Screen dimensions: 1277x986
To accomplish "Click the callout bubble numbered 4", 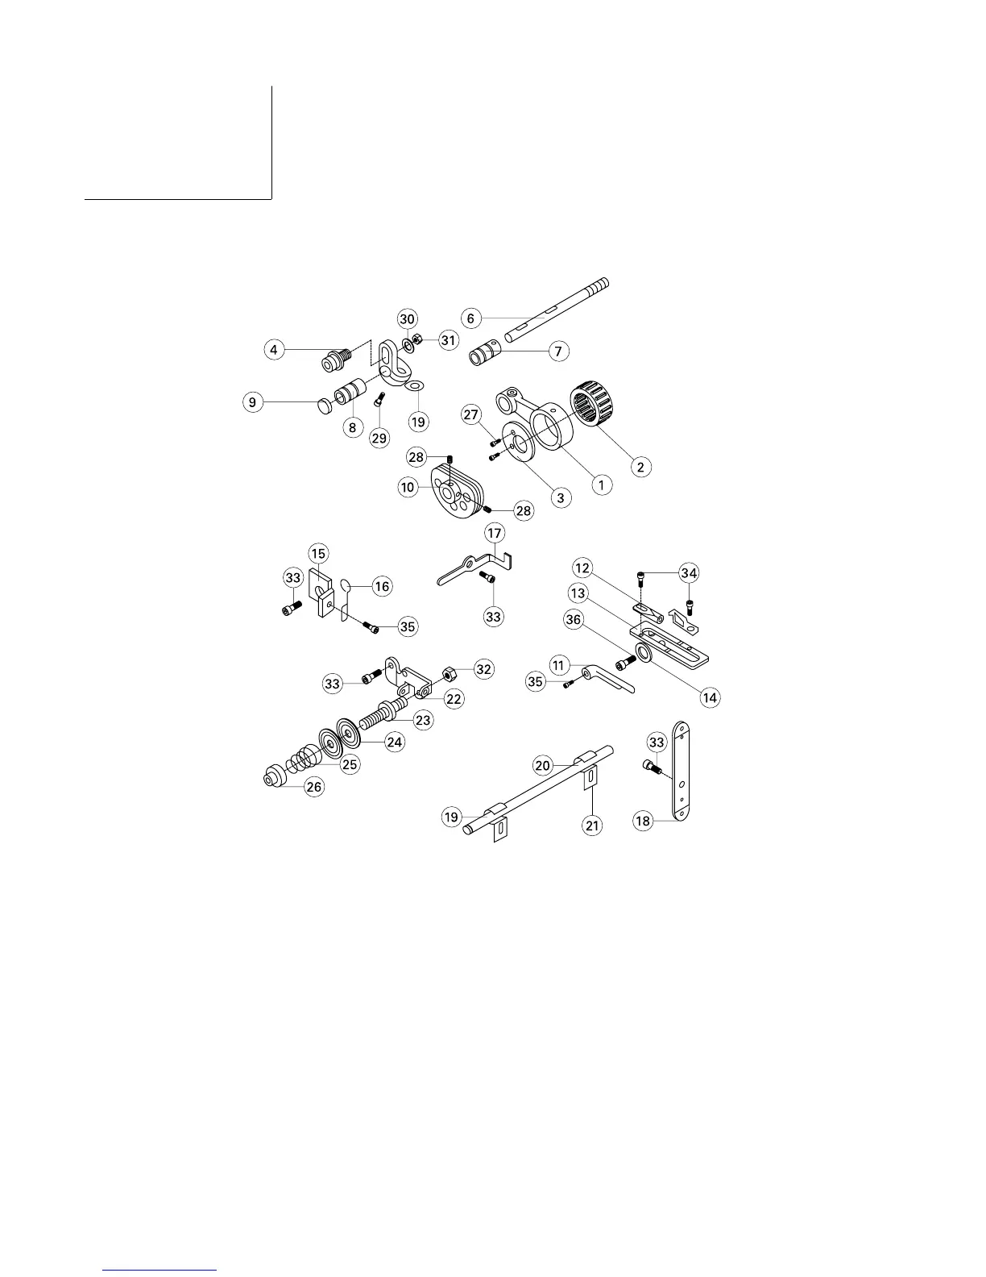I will tap(275, 350).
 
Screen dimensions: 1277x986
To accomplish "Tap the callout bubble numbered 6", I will tap(471, 318).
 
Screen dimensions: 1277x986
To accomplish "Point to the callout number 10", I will tap(408, 487).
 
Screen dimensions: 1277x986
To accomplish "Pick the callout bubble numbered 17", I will tap(494, 533).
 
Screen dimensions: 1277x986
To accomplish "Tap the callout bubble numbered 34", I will tap(688, 573).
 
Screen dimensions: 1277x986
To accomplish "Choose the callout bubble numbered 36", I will tap(596, 620).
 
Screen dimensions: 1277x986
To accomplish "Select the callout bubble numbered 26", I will tap(314, 787).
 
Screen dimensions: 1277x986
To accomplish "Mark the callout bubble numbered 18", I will tap(643, 822).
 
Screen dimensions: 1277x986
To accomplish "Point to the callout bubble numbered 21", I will tap(593, 826).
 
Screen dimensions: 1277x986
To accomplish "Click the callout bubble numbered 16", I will tap(382, 586).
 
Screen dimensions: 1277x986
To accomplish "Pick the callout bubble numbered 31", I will tap(448, 340).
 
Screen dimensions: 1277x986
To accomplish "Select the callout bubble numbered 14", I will tap(710, 697).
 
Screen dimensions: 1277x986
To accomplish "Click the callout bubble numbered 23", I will tap(424, 720).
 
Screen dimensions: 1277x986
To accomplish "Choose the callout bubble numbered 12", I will tap(583, 568).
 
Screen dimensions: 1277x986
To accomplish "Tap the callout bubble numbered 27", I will tap(471, 416).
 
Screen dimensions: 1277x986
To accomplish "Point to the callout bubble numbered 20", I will tap(543, 764).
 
